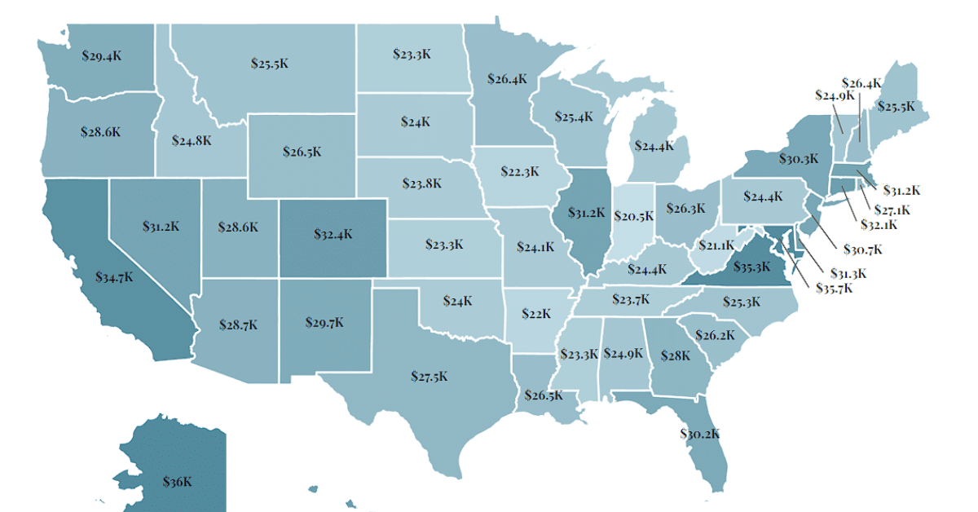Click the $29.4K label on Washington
click(x=102, y=57)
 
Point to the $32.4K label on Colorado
click(x=333, y=234)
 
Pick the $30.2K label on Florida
click(x=700, y=434)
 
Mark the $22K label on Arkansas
click(x=536, y=314)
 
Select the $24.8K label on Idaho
click(x=192, y=140)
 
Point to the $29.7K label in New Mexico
click(x=323, y=323)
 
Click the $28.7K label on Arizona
click(x=238, y=324)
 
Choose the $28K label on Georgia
click(x=676, y=355)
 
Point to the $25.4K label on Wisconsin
click(x=573, y=117)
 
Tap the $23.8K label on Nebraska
click(x=422, y=183)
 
